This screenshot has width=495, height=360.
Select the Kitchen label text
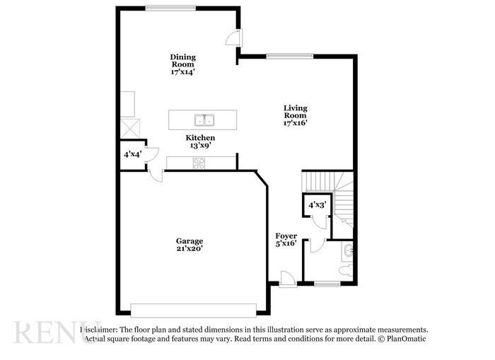click(200, 137)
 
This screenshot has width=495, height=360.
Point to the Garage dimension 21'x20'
click(190, 249)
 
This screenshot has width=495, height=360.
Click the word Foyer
click(286, 236)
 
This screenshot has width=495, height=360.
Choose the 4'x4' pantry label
click(132, 154)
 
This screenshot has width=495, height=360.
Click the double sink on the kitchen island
click(205, 119)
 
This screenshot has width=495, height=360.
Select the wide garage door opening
click(194, 310)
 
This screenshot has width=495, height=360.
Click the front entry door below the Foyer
click(287, 279)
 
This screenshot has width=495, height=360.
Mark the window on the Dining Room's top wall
click(170, 8)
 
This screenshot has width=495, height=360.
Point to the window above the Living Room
click(290, 56)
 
